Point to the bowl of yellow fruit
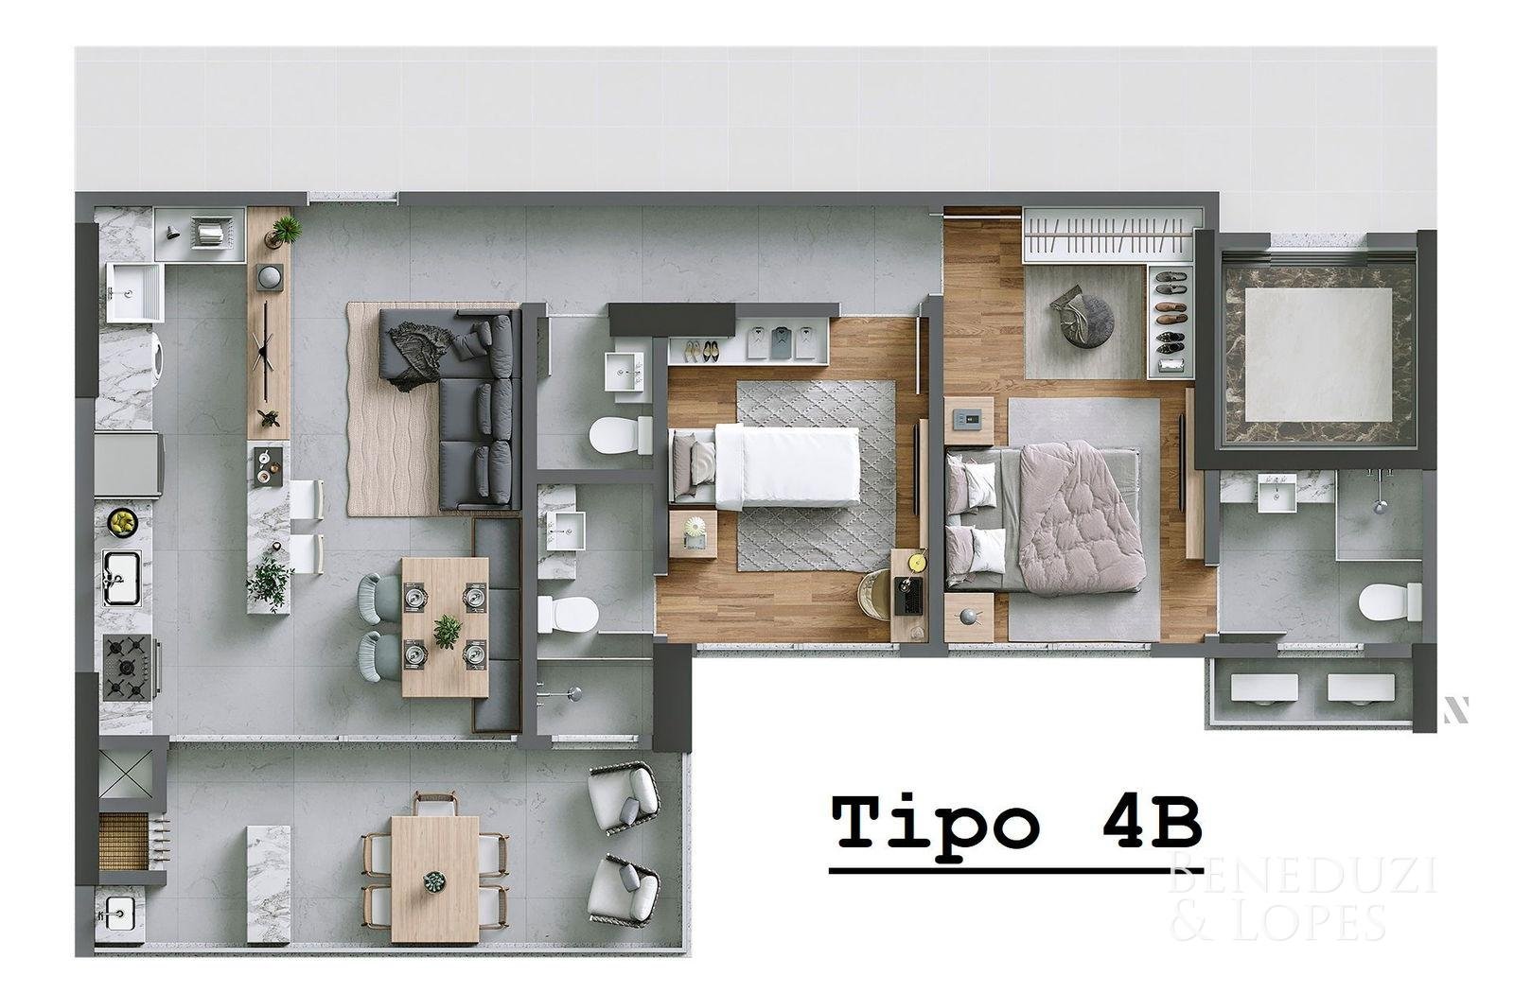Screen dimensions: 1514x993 coord(123,521)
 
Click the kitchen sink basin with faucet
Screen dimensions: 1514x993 coord(122,578)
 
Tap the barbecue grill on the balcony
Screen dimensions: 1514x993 coord(124,841)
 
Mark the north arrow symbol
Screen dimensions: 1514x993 coord(1456,710)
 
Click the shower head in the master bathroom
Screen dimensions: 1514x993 coord(1380,504)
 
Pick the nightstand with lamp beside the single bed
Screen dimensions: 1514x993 coord(693,533)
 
